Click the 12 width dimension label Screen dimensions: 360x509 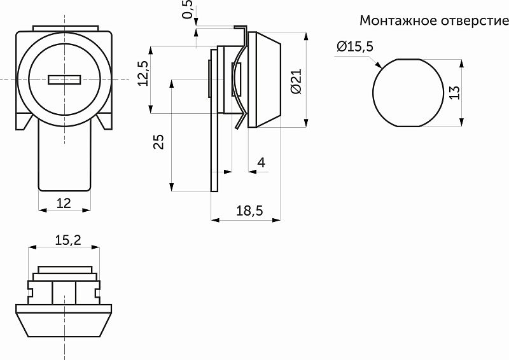tap(64, 203)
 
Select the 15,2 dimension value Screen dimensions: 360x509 tap(67, 240)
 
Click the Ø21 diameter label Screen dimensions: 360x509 tap(295, 81)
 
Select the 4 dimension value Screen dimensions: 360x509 tap(260, 163)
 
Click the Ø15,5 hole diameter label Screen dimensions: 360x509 tap(355, 46)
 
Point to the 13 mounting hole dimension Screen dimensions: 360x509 tap(454, 93)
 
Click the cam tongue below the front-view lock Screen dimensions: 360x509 tap(64, 159)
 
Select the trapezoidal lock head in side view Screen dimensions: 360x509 tap(267, 80)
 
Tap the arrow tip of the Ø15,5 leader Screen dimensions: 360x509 tap(380, 65)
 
